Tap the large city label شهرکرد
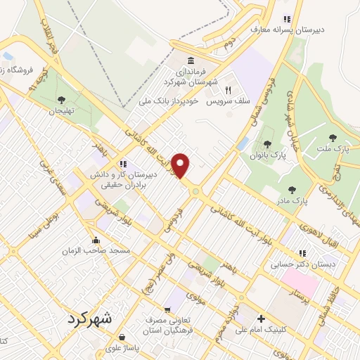tap(90, 318)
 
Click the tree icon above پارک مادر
tap(292, 190)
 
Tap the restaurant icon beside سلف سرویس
tap(228, 90)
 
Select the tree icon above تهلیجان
tap(61, 99)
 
